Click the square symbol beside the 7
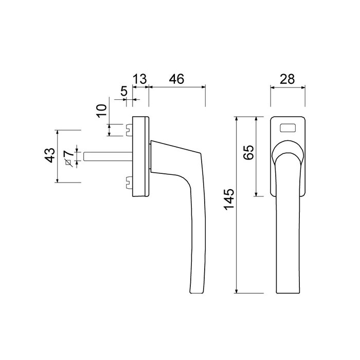click(x=67, y=163)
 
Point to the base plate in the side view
click(x=140, y=156)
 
